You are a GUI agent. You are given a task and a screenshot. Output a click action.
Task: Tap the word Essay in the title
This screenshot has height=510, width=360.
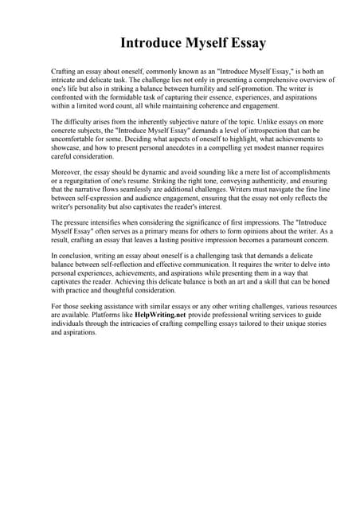pyautogui.click(x=246, y=42)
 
